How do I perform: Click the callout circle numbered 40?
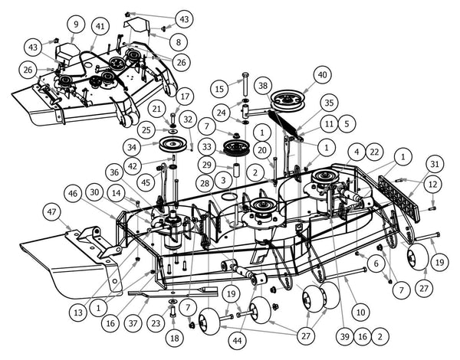323,75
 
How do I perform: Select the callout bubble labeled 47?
51,211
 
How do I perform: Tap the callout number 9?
76,24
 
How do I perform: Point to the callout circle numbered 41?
100,26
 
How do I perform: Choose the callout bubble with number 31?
435,164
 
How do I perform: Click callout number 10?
360,313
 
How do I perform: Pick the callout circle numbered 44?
237,341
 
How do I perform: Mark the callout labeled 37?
133,323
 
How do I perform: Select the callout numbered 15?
219,89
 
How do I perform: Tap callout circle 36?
114,172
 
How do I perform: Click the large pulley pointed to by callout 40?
287,101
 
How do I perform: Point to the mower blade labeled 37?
173,291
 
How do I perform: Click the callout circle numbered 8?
178,42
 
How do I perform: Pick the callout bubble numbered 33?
207,146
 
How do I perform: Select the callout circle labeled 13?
78,313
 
